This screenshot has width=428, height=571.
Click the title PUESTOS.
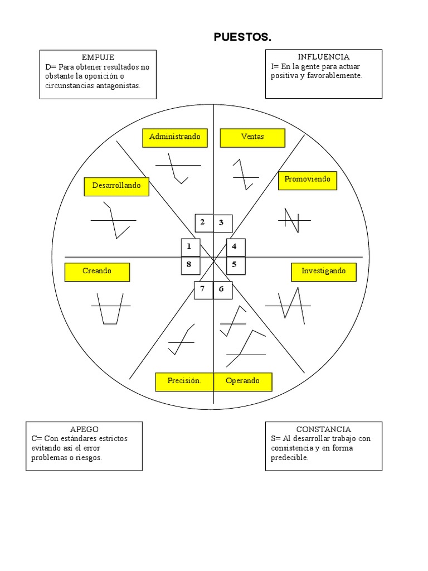pos(242,37)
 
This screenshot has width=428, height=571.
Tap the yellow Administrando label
pos(174,137)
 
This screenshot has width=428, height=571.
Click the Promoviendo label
pos(308,180)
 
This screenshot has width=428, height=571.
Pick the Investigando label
pos(324,272)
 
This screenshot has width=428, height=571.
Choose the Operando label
pos(243,381)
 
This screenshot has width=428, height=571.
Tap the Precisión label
pos(184,381)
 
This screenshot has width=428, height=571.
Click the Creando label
pos(97,272)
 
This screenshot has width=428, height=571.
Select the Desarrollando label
pos(116,186)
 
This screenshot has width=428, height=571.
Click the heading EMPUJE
pos(98,57)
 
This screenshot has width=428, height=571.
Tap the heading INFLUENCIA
pos(324,57)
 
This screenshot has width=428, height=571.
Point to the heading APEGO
pos(84,429)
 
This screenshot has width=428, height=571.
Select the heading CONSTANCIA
pos(324,429)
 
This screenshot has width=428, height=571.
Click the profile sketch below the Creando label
pos(110,308)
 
